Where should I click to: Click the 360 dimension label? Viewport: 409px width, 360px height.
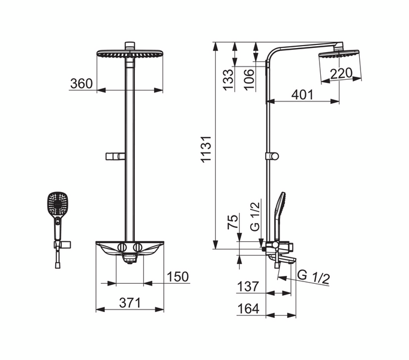tap(82, 83)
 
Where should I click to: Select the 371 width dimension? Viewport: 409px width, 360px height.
tap(130, 303)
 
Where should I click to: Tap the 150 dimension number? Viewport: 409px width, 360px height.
tap(178, 277)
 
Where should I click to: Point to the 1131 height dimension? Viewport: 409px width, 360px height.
tap(206, 149)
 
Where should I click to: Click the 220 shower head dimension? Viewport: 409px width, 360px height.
tap(341, 73)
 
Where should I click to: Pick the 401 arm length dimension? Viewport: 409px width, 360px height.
tap(303, 95)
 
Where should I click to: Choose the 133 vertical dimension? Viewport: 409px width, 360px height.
tap(228, 80)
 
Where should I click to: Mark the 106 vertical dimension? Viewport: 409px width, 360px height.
tap(249, 80)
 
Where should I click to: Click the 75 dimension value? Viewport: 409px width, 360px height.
tap(233, 221)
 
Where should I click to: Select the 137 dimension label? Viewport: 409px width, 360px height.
tap(248, 286)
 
